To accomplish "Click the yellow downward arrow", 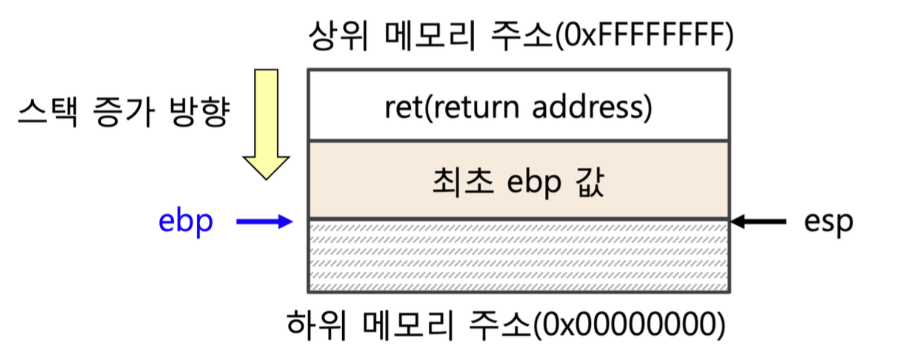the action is [x=266, y=122].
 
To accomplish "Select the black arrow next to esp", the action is [x=758, y=221].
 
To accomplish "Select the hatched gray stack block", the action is [x=518, y=255].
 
